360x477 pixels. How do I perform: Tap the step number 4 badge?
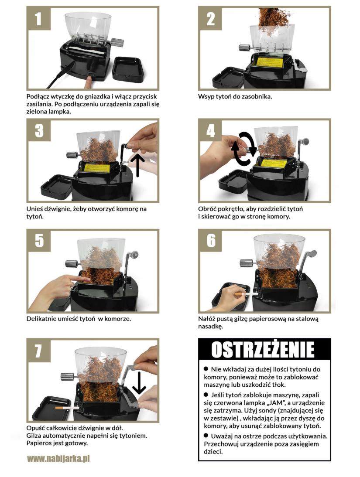[210, 130]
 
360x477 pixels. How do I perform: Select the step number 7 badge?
[38, 350]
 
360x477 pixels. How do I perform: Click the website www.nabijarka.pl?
[58, 458]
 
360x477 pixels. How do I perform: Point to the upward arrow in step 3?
[137, 165]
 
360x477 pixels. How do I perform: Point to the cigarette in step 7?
[67, 408]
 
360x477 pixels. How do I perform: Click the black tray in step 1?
[129, 69]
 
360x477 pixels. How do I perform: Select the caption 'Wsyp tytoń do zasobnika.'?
[235, 97]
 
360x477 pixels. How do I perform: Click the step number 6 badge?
[211, 240]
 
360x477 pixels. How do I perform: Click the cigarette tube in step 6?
[246, 294]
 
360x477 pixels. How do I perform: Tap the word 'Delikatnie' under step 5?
[41, 319]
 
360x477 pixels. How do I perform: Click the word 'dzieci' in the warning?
[213, 452]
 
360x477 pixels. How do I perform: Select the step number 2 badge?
[210, 18]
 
